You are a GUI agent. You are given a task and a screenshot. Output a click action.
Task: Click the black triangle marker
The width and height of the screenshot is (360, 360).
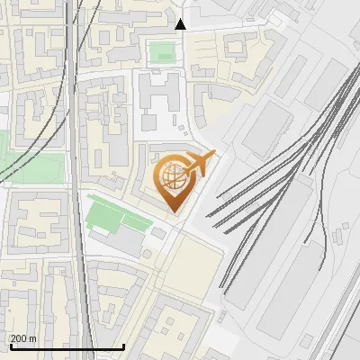181,24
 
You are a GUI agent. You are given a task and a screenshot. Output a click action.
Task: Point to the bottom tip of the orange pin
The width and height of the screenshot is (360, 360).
174,212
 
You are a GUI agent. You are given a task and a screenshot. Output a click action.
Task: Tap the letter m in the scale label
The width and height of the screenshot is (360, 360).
33,338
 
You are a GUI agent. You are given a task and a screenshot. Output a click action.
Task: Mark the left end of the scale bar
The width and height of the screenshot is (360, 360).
10,346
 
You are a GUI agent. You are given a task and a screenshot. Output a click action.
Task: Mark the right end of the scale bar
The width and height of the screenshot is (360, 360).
123,346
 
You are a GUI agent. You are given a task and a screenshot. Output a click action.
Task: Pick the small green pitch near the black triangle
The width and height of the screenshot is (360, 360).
162,52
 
